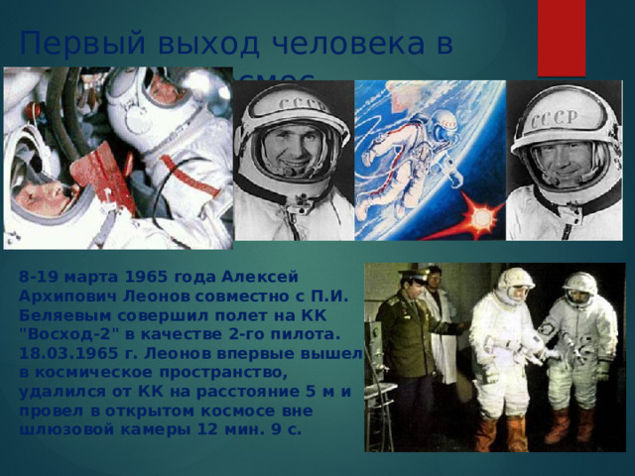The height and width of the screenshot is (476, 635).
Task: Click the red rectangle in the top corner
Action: click(562, 37)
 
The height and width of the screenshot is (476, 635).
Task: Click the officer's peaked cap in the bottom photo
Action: click(412, 276)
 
